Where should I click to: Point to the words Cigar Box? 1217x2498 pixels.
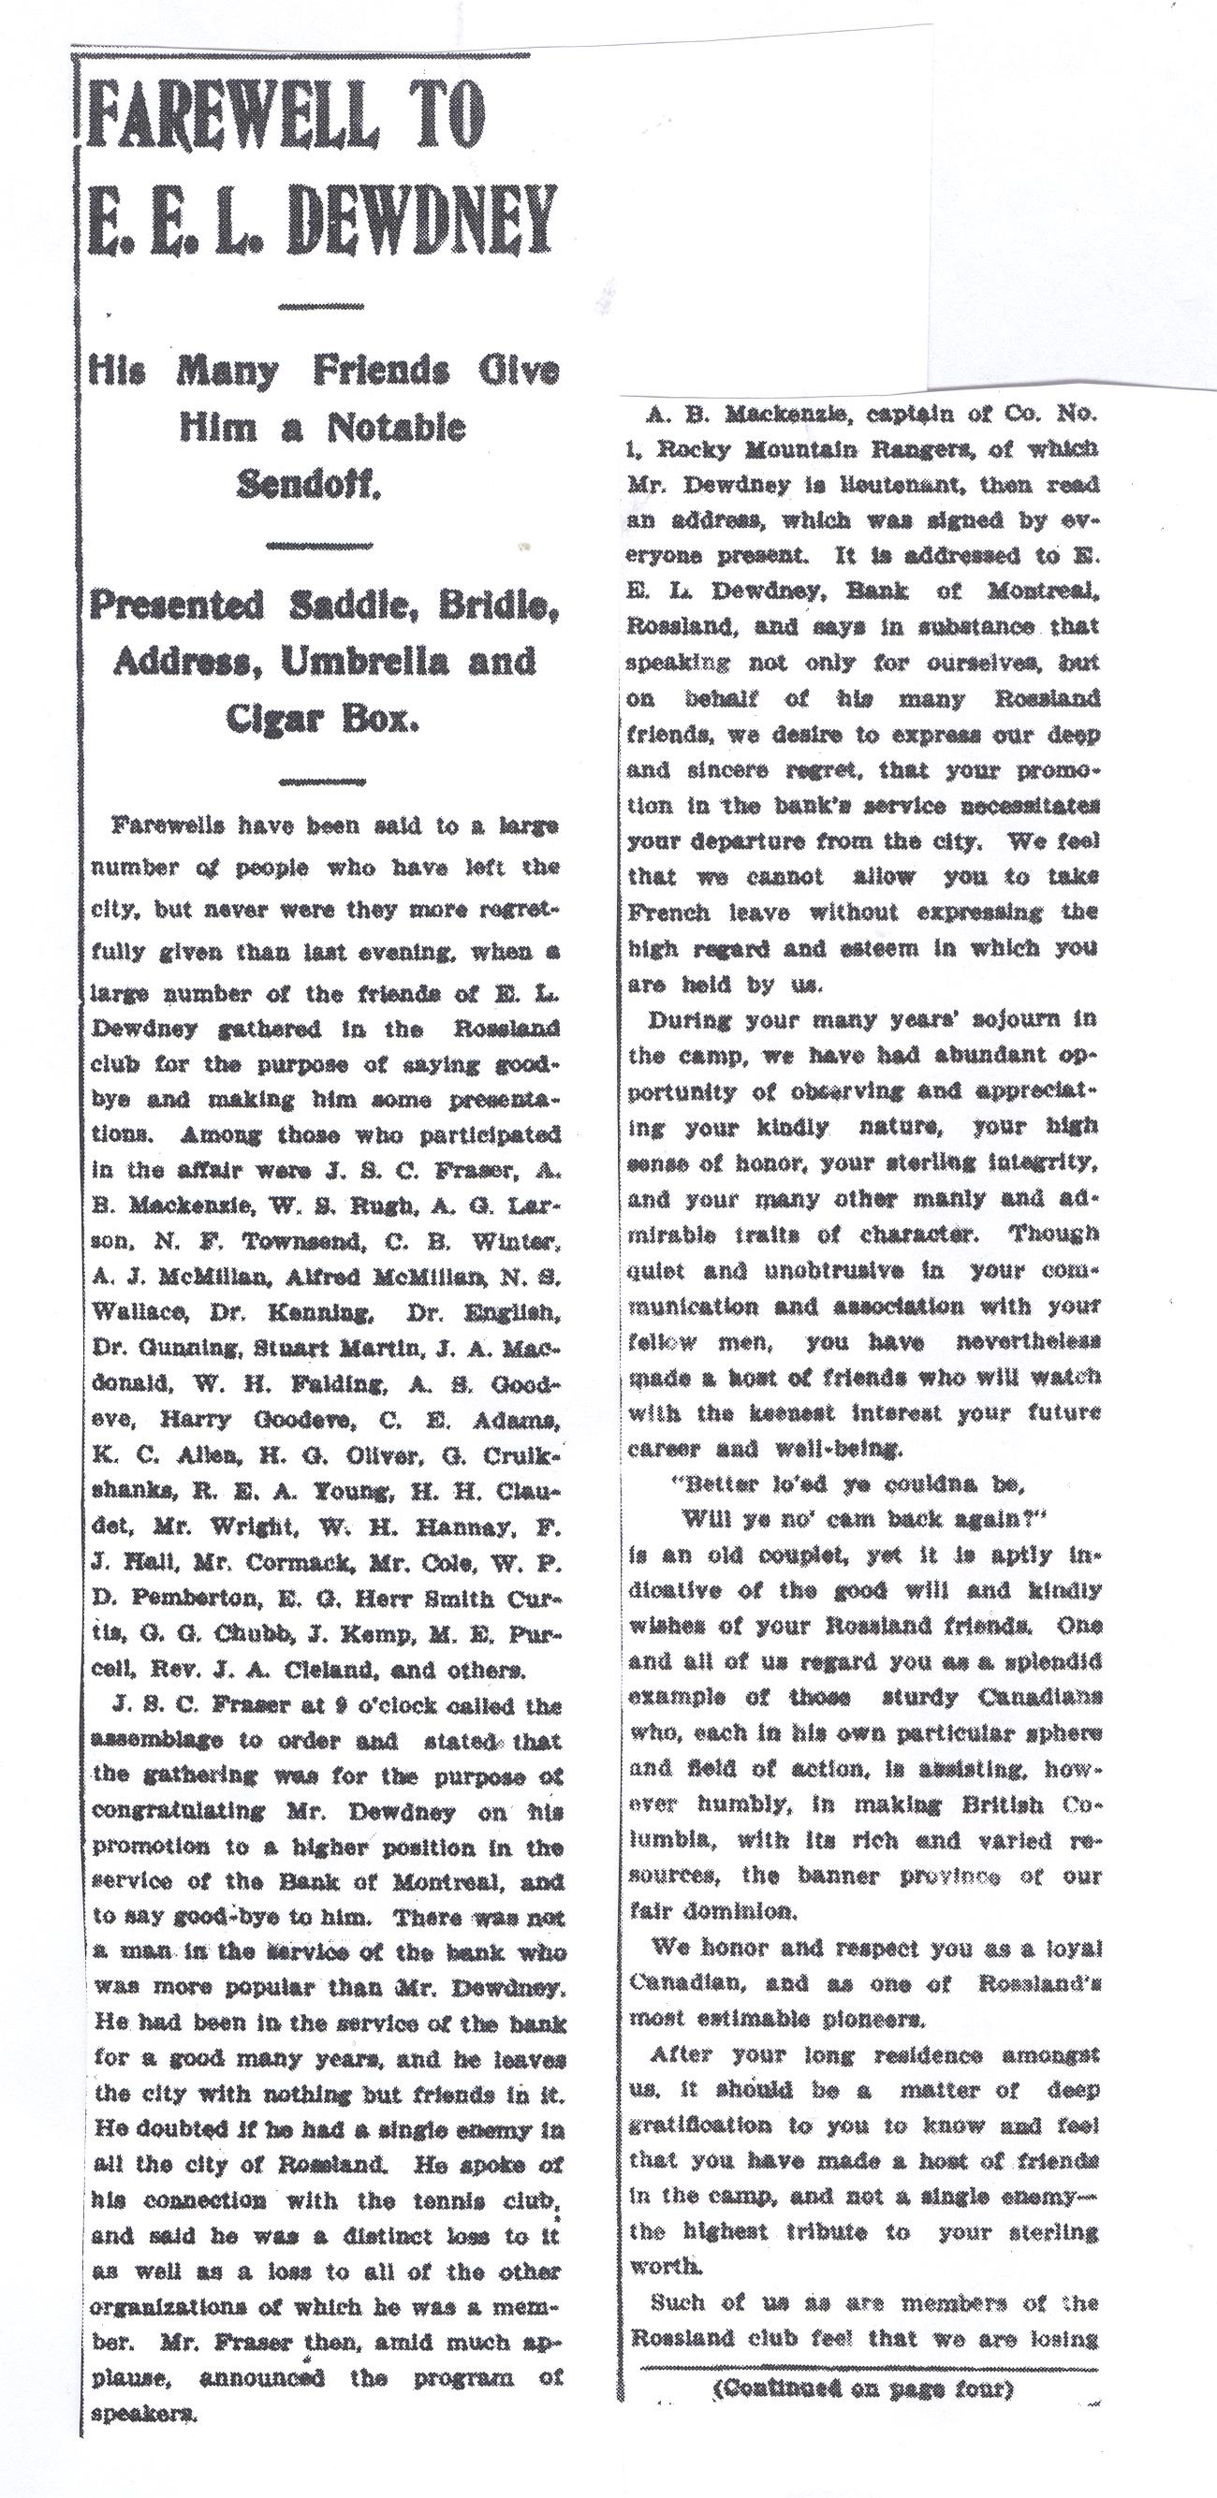[322, 719]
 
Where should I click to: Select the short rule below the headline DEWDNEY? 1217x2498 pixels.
[320, 308]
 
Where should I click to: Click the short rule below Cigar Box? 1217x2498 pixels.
[321, 780]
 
